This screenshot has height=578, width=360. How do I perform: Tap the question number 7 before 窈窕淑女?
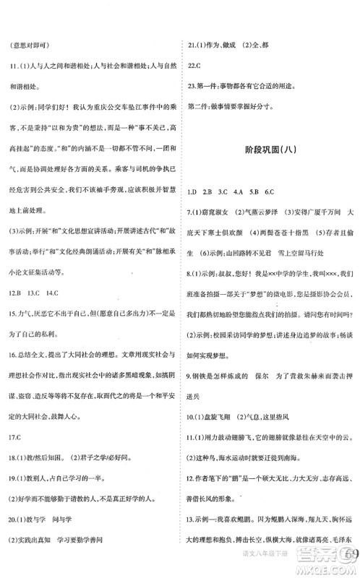tap(187, 233)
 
